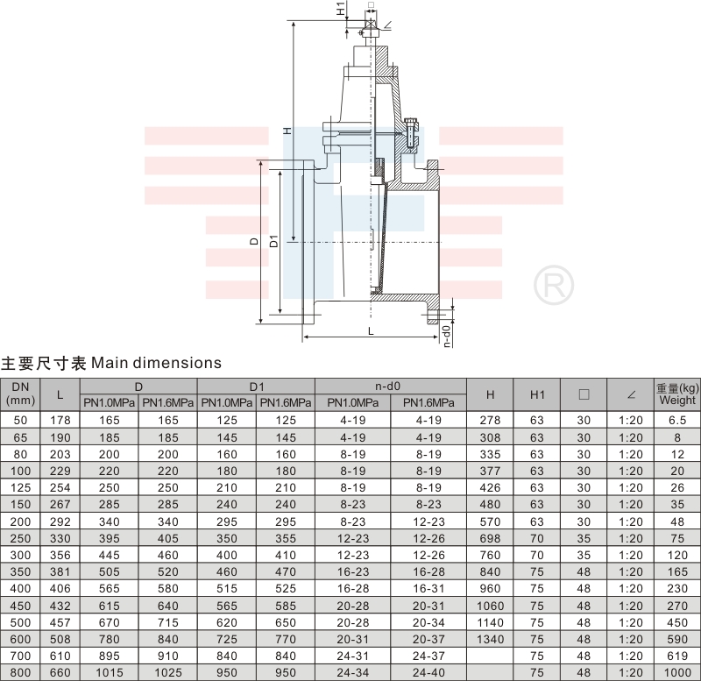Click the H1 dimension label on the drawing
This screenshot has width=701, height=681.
tap(341, 9)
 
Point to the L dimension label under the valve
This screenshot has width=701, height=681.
tap(371, 331)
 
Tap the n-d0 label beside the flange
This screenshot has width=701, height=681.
tap(447, 335)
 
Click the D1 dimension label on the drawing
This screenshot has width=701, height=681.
tap(274, 241)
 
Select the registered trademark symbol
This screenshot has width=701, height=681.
tap(554, 285)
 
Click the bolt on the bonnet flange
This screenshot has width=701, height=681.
tap(410, 134)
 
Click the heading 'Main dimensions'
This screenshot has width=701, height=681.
tap(156, 363)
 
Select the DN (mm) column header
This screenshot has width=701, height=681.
tap(20, 394)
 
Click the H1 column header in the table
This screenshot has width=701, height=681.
tap(537, 394)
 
